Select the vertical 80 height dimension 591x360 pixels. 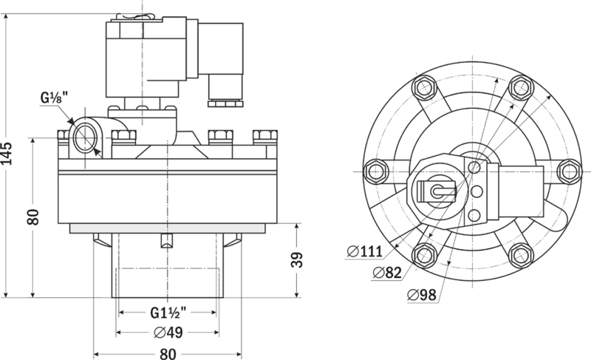(x=32, y=217)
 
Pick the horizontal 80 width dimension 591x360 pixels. (x=168, y=353)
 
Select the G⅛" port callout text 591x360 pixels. (x=54, y=97)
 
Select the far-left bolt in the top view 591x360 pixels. (x=375, y=171)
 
